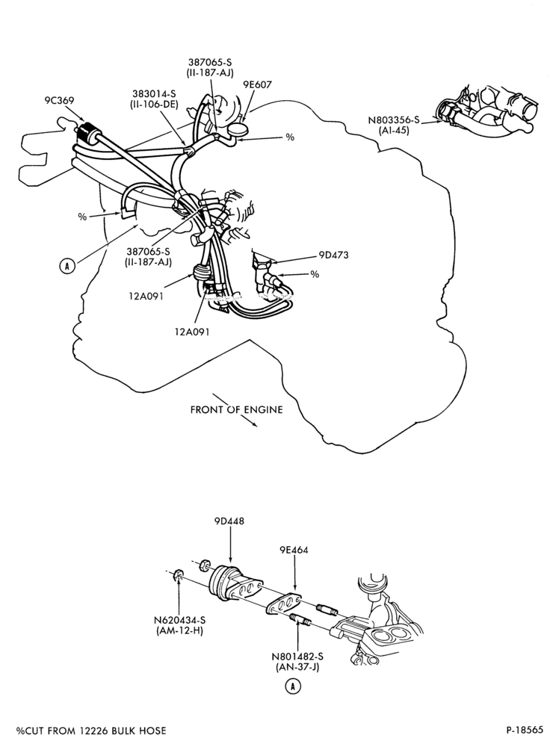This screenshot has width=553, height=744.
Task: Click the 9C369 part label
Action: tap(59, 101)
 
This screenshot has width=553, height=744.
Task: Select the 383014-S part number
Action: tap(155, 94)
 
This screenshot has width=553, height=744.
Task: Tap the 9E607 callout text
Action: tap(257, 84)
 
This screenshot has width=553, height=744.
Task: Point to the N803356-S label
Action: tap(394, 120)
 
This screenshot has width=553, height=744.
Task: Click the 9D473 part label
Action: tap(333, 255)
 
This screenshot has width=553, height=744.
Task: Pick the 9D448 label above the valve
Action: tap(229, 521)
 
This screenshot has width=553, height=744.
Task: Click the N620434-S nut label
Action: tap(179, 620)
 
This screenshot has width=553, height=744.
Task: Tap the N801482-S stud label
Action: tap(297, 657)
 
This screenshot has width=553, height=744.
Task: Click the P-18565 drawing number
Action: tap(525, 730)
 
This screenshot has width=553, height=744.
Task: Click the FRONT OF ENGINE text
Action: tap(236, 409)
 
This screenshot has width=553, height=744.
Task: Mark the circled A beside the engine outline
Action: tap(67, 267)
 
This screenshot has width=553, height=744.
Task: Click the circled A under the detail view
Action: tap(293, 686)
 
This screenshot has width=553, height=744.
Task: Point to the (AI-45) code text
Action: tap(394, 131)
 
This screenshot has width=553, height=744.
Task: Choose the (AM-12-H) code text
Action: tap(179, 631)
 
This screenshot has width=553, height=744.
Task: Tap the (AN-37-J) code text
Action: tap(297, 667)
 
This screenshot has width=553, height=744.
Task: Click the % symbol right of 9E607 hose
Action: tap(290, 137)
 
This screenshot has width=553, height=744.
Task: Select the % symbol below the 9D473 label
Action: tap(314, 274)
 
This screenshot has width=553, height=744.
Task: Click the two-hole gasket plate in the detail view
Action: tap(284, 603)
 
